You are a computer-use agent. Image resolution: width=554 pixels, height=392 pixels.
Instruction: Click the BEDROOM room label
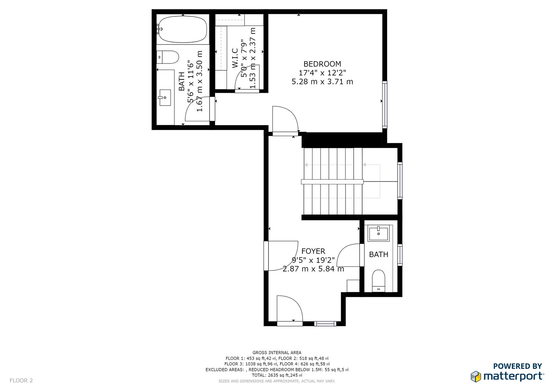tap(322, 64)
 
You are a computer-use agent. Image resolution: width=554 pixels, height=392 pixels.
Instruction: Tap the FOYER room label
tap(313, 251)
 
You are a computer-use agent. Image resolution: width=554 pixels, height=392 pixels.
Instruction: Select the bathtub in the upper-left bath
tap(183, 29)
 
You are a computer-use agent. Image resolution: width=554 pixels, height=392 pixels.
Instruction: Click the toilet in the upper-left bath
tap(168, 57)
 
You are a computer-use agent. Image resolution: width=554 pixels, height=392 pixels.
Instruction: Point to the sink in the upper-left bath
tap(165, 97)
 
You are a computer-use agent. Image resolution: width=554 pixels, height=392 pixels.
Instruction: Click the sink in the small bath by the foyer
tap(378, 233)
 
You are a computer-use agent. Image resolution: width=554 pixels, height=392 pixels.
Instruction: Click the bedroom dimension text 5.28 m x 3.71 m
tap(322, 82)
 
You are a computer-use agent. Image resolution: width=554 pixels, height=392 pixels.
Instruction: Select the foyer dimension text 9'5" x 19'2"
tap(313, 260)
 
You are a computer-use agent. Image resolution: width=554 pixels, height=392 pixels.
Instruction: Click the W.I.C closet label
tap(235, 58)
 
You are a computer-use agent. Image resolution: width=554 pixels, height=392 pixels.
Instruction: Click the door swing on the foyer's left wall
tap(281, 255)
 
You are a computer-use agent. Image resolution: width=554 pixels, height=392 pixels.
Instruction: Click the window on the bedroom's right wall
tap(385, 105)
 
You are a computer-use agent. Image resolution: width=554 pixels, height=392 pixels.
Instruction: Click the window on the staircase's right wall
tap(400, 180)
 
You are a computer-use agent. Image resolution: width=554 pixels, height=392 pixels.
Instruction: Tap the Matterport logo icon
tap(476, 376)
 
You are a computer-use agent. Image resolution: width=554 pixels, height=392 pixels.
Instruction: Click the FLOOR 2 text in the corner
tap(21, 380)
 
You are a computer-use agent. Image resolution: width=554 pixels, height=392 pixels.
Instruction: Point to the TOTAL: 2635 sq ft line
tap(277, 375)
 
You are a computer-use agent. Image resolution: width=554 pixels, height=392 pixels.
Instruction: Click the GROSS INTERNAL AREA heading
tap(277, 352)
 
